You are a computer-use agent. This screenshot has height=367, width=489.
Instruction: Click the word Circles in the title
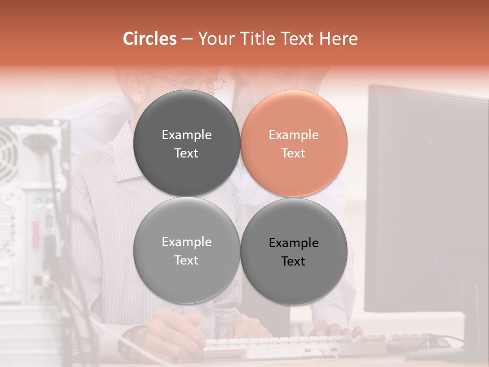(149, 39)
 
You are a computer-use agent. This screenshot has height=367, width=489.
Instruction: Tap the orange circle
(294, 144)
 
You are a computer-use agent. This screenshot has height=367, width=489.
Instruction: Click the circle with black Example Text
(294, 251)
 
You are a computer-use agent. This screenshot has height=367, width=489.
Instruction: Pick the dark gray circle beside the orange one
(186, 144)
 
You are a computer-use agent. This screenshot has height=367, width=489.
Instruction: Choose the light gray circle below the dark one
(186, 251)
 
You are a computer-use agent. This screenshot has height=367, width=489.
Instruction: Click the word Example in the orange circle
(294, 135)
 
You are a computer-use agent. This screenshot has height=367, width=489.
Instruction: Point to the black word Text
(293, 261)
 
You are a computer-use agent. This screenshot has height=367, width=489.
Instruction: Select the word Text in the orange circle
(293, 153)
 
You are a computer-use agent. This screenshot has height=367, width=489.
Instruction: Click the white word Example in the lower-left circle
(186, 242)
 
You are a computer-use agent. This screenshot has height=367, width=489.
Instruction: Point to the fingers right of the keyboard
(331, 329)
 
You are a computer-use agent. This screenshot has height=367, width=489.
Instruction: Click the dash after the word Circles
(187, 39)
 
